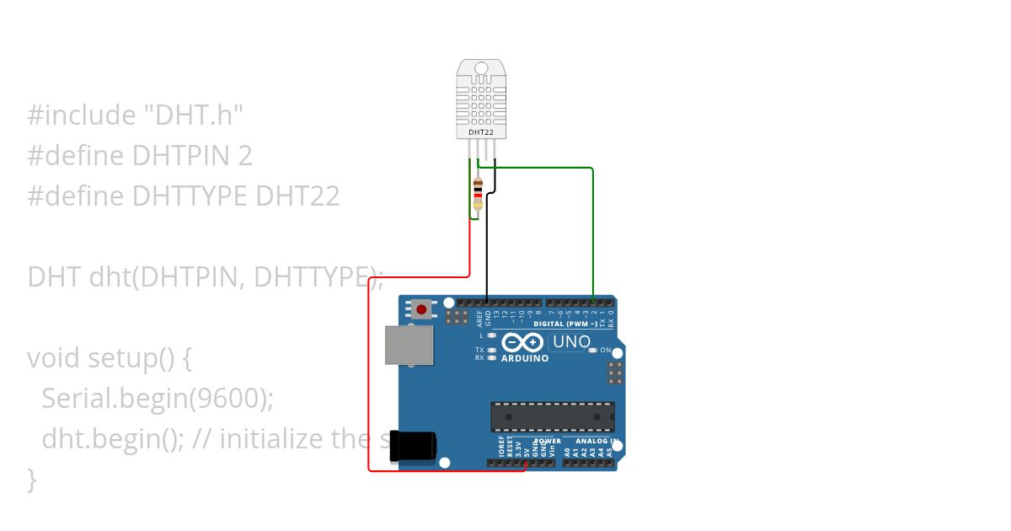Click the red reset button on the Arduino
[x=420, y=309]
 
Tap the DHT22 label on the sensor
[x=477, y=132]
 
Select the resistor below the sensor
[x=479, y=193]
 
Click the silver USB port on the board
[x=409, y=345]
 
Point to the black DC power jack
[x=413, y=446]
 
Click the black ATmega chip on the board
[x=553, y=416]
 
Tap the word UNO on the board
[x=571, y=342]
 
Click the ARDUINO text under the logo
[x=525, y=358]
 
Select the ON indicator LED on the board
[x=593, y=350]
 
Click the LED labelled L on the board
[x=491, y=335]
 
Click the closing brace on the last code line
[x=32, y=480]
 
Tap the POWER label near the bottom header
[x=548, y=441]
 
